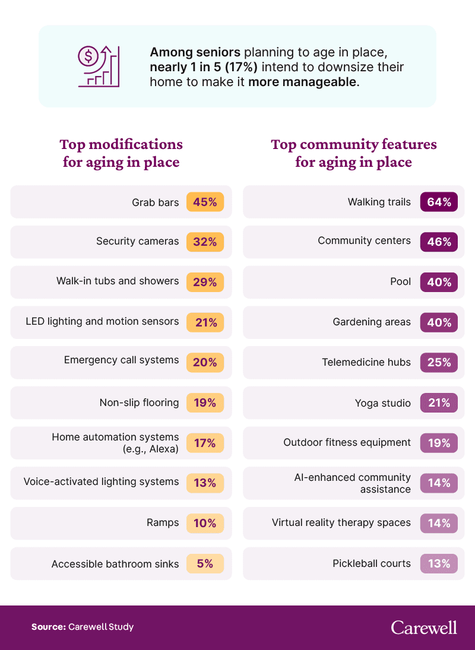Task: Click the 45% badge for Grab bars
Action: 205,202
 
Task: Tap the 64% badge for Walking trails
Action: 439,202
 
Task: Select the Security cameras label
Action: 137,242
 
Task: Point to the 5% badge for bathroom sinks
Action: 205,563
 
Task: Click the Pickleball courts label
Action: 371,563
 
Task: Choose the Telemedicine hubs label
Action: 366,362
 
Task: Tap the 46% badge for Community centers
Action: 439,242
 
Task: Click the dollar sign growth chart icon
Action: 99,66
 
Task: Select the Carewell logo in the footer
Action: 424,627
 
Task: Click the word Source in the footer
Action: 49,627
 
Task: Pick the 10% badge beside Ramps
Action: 205,523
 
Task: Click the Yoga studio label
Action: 382,403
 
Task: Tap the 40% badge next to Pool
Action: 439,282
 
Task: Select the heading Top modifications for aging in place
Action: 121,153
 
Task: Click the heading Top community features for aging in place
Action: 353,153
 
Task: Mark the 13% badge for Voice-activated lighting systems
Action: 205,483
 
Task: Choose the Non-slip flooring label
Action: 139,402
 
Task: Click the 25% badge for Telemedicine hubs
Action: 439,362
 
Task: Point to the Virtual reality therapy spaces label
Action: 341,523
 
